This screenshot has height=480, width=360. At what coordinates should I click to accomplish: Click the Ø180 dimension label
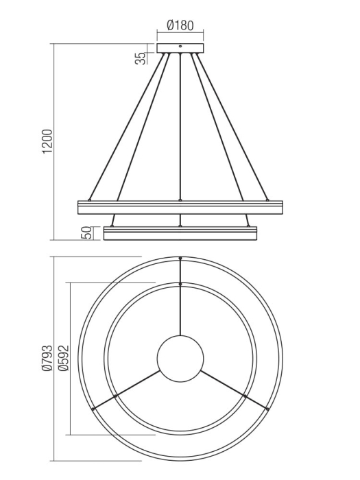[x=180, y=26]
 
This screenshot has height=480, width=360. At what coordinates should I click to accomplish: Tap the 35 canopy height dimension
[x=141, y=58]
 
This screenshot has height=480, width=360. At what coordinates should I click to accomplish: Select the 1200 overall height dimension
[x=47, y=141]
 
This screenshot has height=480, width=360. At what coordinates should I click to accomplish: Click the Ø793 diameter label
[x=46, y=358]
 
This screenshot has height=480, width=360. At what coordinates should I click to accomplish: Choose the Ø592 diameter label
[x=62, y=358]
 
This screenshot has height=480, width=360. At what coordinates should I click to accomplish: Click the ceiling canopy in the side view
[x=180, y=48]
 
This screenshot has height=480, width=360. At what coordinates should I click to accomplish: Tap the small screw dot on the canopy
[x=180, y=47]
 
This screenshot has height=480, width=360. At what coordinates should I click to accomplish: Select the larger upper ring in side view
[x=180, y=206]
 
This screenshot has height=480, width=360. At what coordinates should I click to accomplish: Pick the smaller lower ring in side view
[x=180, y=233]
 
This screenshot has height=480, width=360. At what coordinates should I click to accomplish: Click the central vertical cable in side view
[x=180, y=130]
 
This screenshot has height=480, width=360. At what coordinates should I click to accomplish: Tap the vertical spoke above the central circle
[x=180, y=309]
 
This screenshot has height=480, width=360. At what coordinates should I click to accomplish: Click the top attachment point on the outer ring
[x=180, y=259]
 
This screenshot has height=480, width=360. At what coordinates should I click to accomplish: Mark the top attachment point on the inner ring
[x=180, y=283]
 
